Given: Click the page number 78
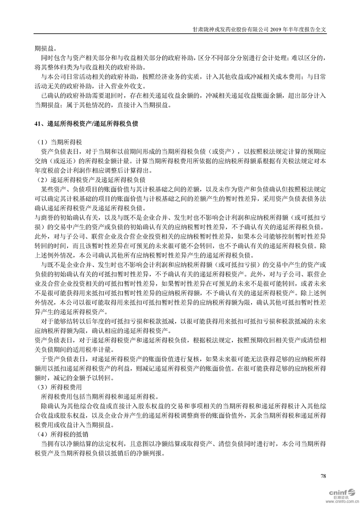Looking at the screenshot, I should coord(323,476).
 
